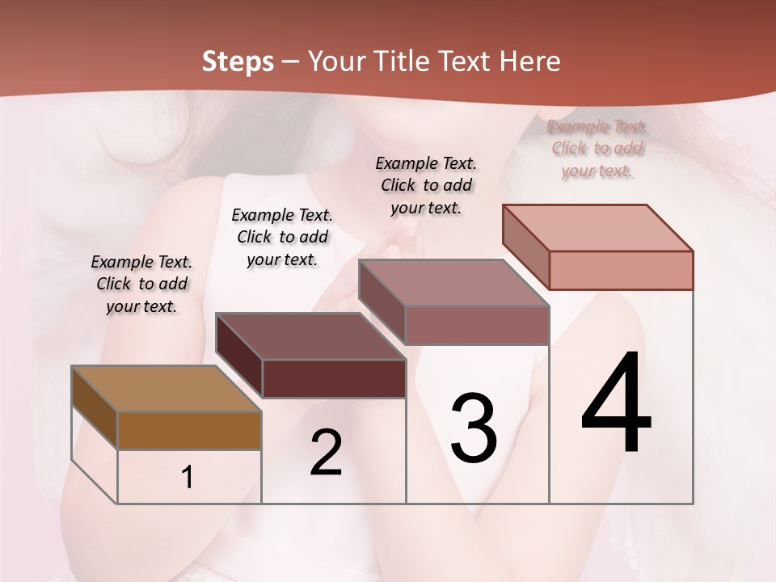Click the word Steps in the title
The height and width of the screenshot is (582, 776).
[x=238, y=61]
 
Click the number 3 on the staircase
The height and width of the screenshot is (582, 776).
[x=473, y=428]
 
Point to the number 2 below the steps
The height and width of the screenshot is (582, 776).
[x=327, y=453]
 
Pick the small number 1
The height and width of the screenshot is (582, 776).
[x=188, y=478]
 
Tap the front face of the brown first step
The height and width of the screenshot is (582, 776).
[x=189, y=430]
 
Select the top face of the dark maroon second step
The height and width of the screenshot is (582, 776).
[x=310, y=336]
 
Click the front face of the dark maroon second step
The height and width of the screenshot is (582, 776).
[x=334, y=378]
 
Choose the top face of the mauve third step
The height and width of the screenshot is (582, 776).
[x=453, y=283]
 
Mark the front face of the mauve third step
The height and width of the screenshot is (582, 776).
[x=477, y=325]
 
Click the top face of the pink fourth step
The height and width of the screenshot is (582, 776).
[x=597, y=228]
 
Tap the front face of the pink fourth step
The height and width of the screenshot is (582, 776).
[x=621, y=270]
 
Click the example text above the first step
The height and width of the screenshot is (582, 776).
[x=141, y=284]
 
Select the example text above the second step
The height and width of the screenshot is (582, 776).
[x=282, y=237]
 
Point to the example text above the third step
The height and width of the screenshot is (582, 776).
[x=426, y=185]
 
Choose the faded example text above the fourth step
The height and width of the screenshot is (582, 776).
[x=597, y=149]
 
